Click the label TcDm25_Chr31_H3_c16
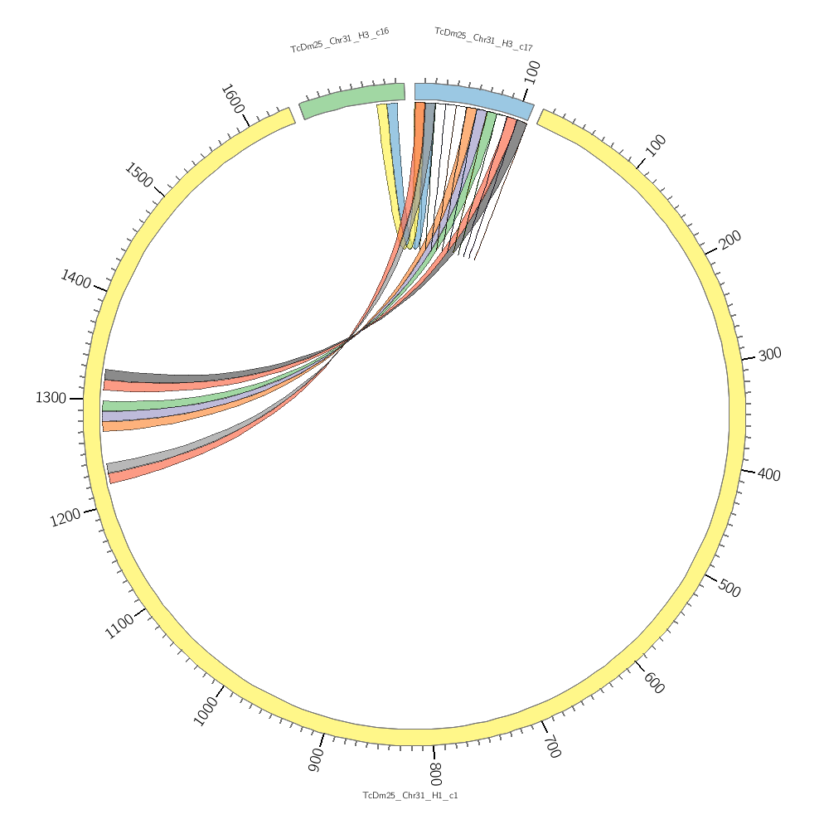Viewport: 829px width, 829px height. click(339, 40)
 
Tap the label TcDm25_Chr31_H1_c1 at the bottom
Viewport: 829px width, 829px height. click(410, 796)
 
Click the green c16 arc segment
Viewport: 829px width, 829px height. click(352, 97)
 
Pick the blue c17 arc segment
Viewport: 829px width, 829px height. click(473, 98)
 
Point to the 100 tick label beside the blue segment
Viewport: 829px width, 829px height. click(533, 71)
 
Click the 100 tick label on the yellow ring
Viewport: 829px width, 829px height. click(656, 146)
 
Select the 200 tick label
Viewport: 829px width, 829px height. click(730, 240)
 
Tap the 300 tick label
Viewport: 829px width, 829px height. click(769, 354)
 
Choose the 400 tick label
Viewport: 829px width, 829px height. click(769, 475)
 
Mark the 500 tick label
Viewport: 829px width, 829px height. click(729, 589)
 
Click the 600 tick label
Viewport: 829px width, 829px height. click(654, 683)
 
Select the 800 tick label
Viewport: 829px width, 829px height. click(435, 773)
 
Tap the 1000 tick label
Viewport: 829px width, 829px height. click(205, 711)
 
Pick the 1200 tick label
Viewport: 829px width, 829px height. click(65, 518)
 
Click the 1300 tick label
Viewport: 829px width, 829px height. click(51, 398)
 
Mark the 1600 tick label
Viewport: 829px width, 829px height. click(232, 100)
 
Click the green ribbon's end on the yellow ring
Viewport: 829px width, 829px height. click(103, 405)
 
